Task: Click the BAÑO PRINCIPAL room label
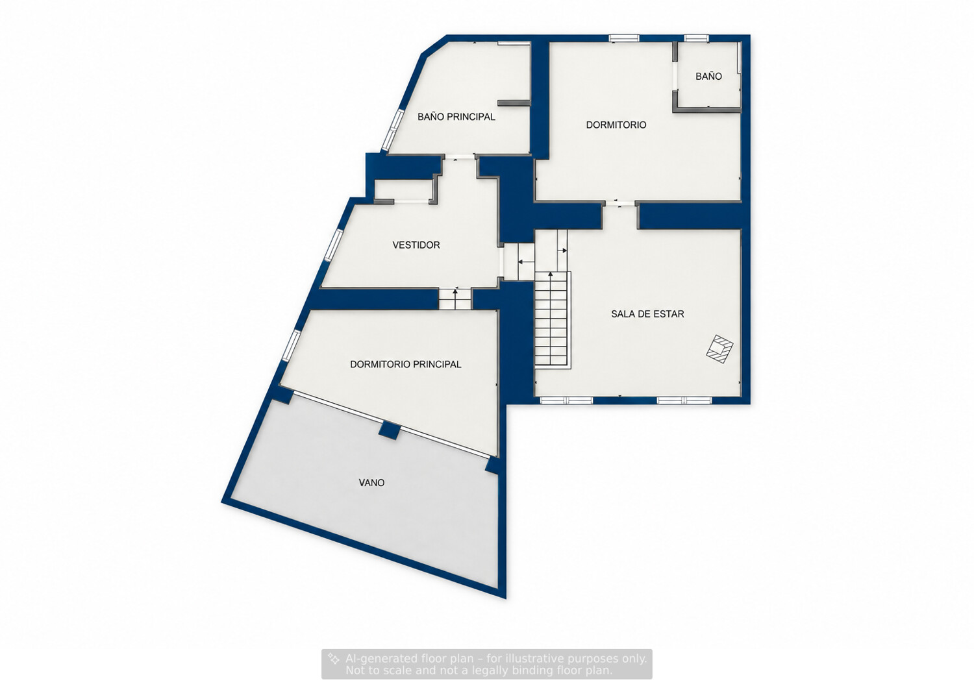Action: [x=456, y=117]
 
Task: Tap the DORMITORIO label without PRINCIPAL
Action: [x=616, y=125]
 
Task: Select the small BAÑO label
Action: [x=708, y=76]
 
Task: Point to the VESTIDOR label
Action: [x=416, y=245]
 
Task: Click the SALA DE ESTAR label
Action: [x=647, y=314]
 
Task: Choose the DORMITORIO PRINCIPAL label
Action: [x=405, y=364]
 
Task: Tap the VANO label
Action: [x=371, y=482]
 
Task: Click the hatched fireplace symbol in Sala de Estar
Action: [x=719, y=349]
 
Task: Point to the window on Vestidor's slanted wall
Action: [x=334, y=245]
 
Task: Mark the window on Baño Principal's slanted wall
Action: [x=393, y=130]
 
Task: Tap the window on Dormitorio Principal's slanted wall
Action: [x=291, y=345]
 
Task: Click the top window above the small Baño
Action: [x=696, y=38]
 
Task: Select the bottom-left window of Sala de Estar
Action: [x=566, y=400]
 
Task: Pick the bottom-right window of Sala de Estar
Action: [x=684, y=400]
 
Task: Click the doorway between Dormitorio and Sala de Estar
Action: [x=619, y=203]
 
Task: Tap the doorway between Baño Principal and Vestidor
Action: [x=458, y=157]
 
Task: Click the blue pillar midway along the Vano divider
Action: [x=389, y=430]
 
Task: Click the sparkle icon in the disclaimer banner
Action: [x=334, y=659]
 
